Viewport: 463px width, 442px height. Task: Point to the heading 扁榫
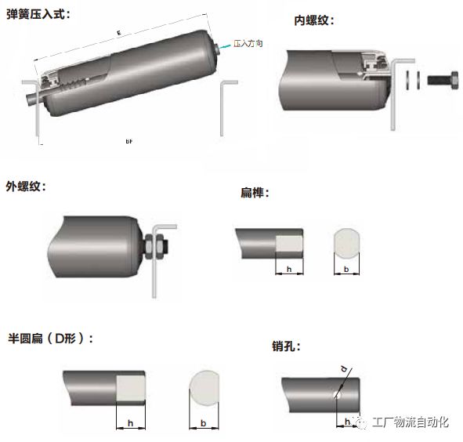[x=255, y=192]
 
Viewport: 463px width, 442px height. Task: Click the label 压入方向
[x=248, y=45]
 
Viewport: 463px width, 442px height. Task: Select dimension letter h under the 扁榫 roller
[x=289, y=270]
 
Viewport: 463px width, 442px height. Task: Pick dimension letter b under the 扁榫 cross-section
[x=346, y=270]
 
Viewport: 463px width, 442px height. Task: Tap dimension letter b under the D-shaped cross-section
[x=204, y=422]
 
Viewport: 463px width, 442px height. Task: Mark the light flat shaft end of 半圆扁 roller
[x=130, y=388]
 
